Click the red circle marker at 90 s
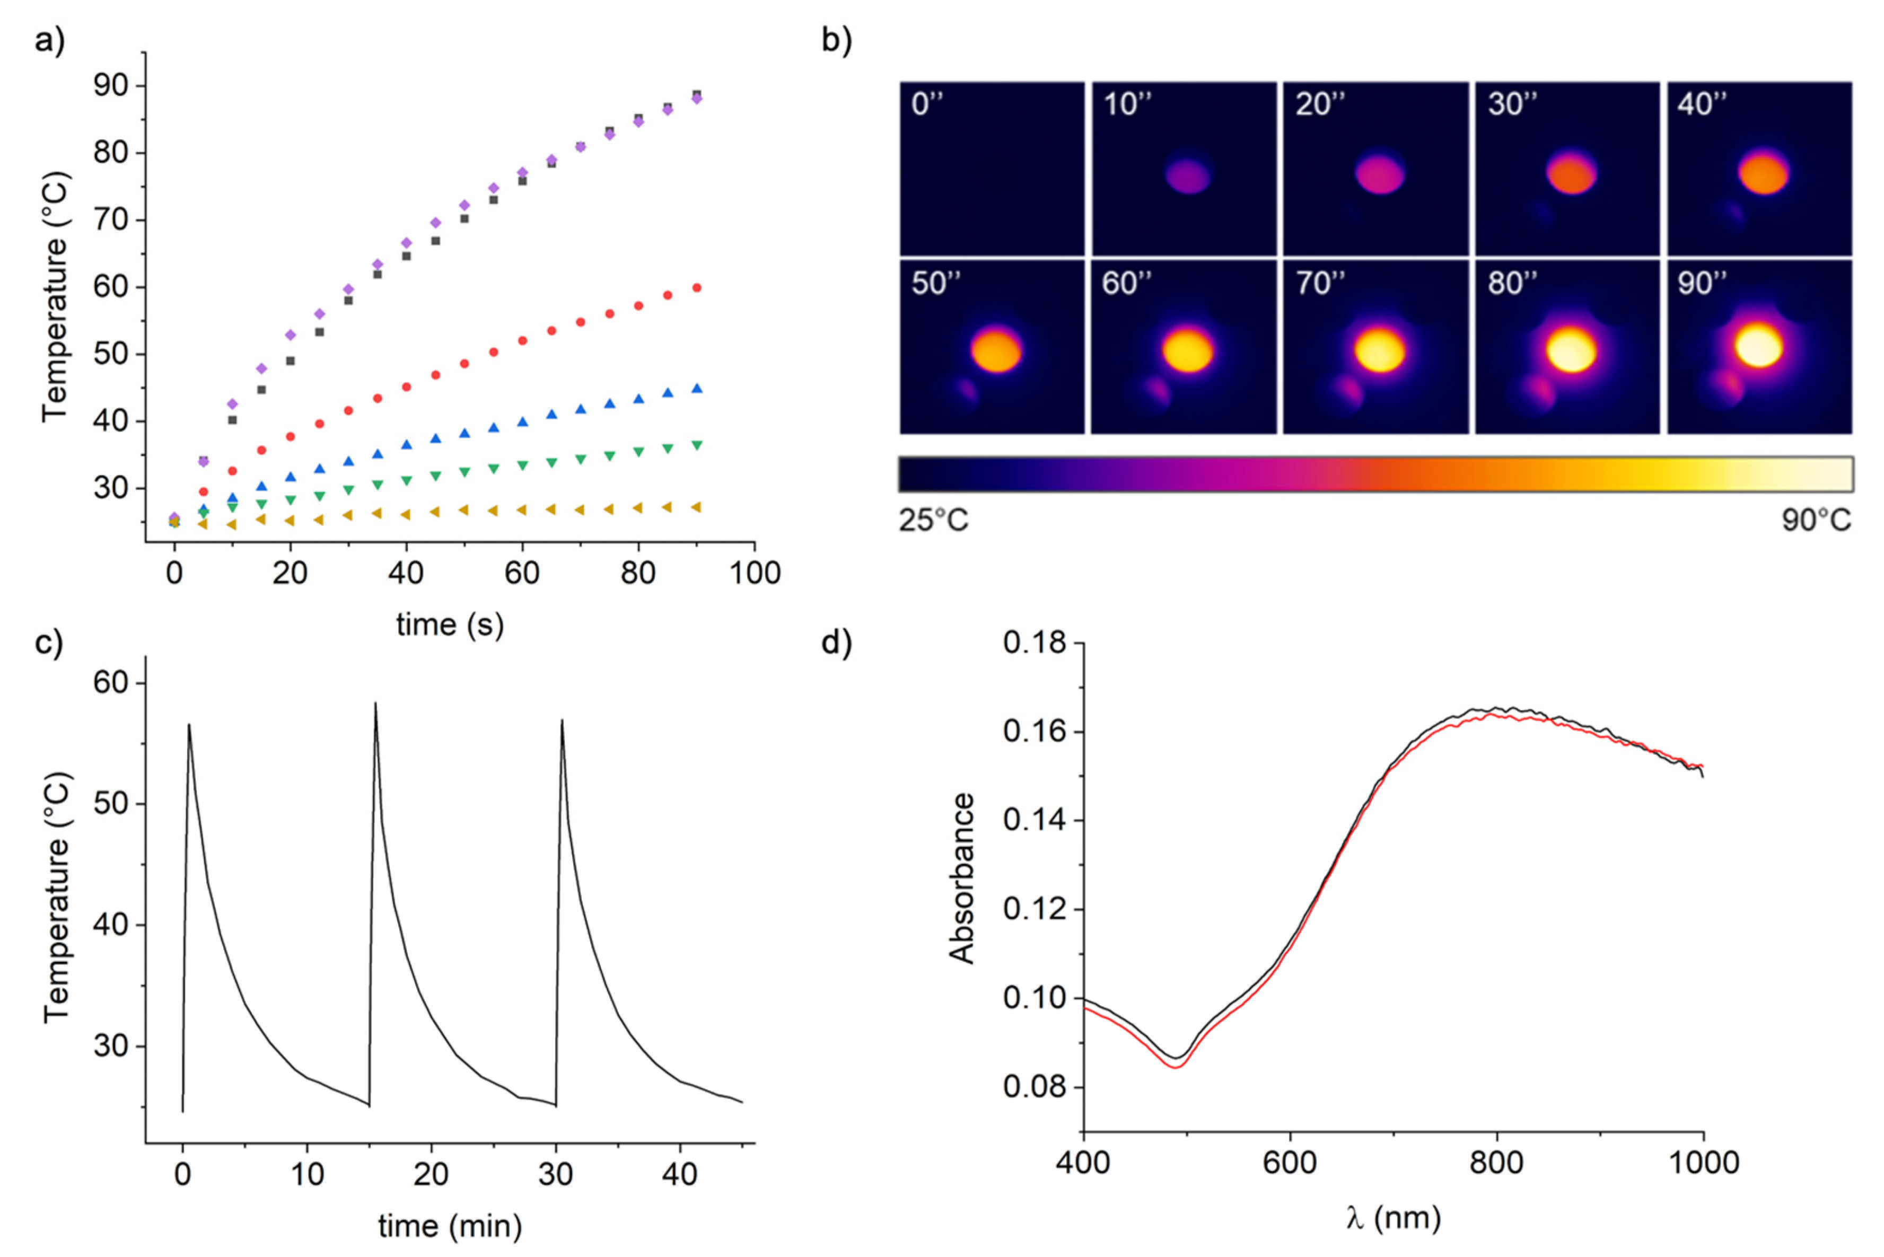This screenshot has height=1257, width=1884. click(x=697, y=288)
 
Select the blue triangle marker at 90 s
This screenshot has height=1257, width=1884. click(x=697, y=389)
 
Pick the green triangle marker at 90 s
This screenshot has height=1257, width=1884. click(x=697, y=445)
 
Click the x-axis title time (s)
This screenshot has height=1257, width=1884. click(x=450, y=625)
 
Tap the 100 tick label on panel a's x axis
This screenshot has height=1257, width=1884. click(x=753, y=573)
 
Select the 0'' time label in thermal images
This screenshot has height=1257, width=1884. click(x=927, y=104)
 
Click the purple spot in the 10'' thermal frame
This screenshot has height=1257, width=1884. click(x=1187, y=175)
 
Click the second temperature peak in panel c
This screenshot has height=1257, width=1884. click(x=375, y=704)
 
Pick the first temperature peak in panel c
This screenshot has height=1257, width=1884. click(x=189, y=725)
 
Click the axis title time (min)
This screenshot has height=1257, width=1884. click(x=450, y=1226)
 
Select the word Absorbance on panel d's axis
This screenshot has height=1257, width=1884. click(x=961, y=878)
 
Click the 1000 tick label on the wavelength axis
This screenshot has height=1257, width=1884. click(x=1703, y=1163)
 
